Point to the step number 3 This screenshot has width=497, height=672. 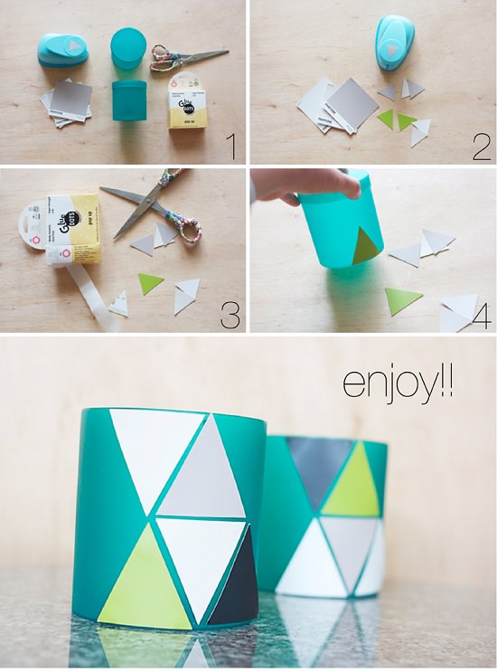pos(230,313)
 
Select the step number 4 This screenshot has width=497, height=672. pos(481,315)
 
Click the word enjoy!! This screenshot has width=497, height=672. pos(398,381)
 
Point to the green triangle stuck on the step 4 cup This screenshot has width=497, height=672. pos(366,247)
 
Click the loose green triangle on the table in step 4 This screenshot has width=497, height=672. pos(403,299)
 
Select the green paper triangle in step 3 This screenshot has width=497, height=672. pos(150,284)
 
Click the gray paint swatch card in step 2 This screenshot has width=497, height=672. pos(351,101)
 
